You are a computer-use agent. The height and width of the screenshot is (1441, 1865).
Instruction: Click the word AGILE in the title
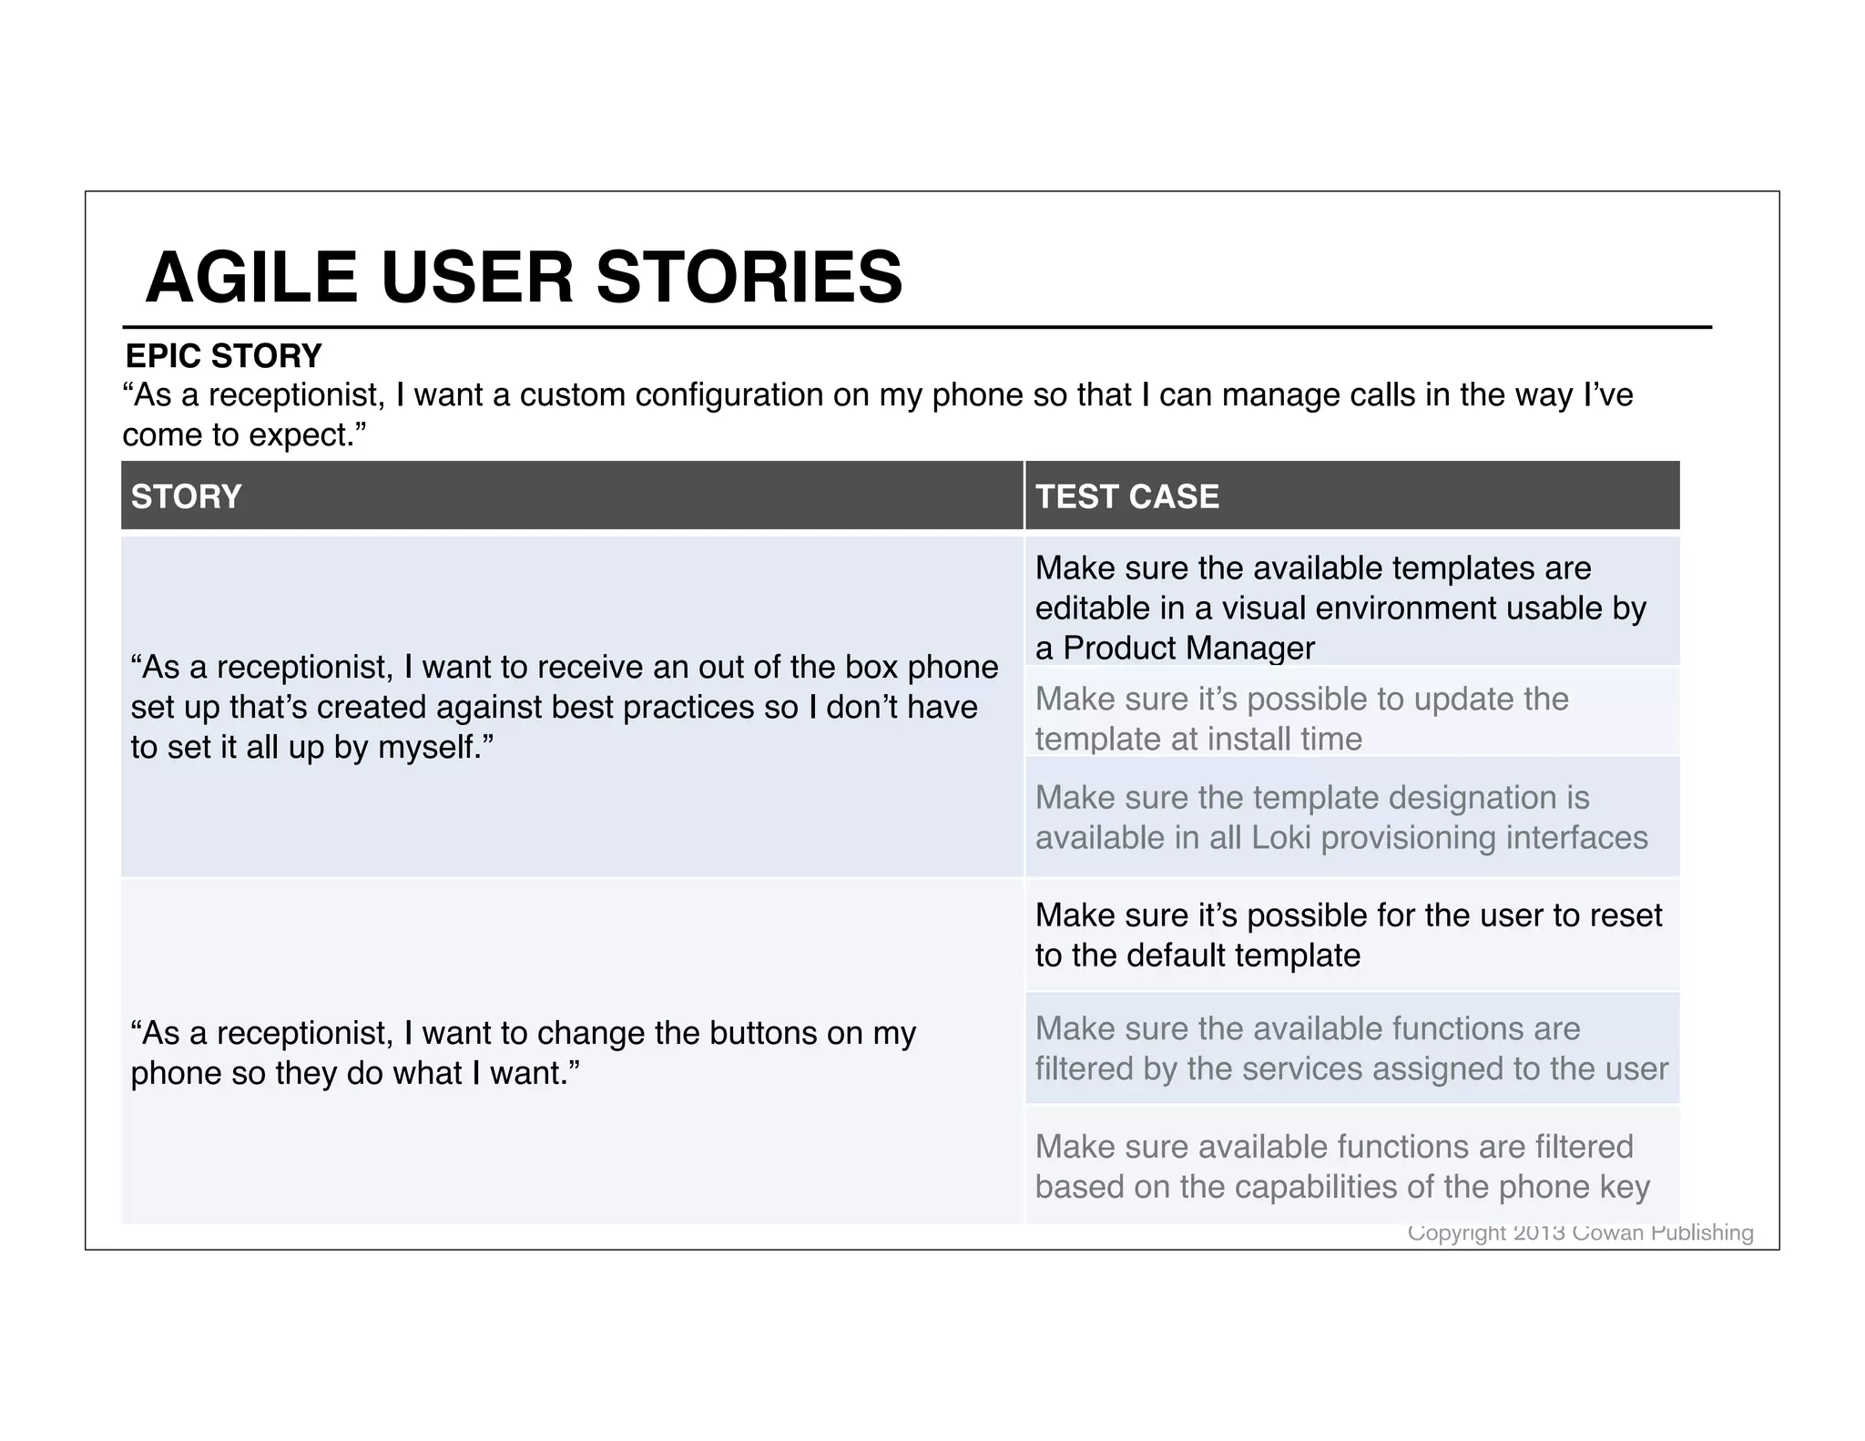click(x=251, y=277)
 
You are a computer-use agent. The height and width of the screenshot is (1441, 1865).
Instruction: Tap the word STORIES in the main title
click(x=749, y=277)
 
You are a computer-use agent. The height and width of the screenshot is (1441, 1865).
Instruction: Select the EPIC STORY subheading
click(x=223, y=355)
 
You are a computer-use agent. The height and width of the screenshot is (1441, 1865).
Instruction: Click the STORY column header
click(x=186, y=496)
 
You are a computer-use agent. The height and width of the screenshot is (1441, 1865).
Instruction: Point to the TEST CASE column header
click(x=1126, y=496)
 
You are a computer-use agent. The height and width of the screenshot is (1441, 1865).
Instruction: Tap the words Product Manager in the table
click(x=1188, y=648)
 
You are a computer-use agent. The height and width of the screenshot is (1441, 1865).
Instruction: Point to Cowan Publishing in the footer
click(x=1663, y=1232)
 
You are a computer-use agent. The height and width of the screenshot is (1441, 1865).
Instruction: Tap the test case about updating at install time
click(x=1302, y=719)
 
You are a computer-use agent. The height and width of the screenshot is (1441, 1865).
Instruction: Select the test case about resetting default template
click(x=1348, y=935)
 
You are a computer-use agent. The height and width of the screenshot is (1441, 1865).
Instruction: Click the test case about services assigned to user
click(x=1351, y=1048)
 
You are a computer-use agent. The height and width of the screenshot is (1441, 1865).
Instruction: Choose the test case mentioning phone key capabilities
click(x=1342, y=1167)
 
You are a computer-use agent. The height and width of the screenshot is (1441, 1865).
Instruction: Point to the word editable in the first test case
click(x=1093, y=608)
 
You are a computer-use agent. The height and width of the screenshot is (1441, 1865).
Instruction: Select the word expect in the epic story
click(x=305, y=435)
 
